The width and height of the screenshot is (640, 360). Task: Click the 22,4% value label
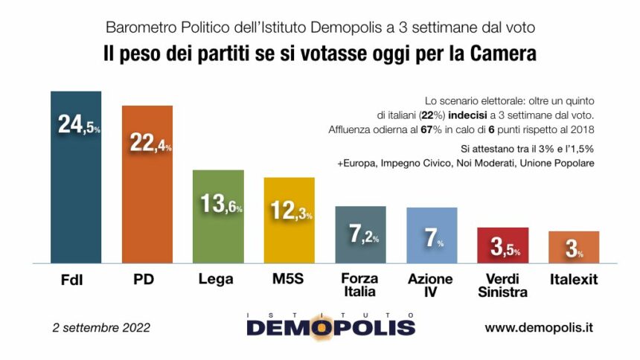150,142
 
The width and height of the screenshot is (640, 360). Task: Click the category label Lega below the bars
217,280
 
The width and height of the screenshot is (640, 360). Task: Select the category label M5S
289,280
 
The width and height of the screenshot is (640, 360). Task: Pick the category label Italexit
574,280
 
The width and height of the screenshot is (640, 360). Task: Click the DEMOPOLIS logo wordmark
330,327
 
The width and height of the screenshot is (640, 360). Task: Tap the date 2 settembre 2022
102,327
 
